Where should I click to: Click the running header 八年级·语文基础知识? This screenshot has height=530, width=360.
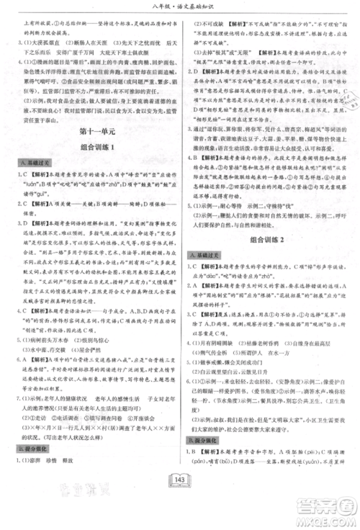180,9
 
